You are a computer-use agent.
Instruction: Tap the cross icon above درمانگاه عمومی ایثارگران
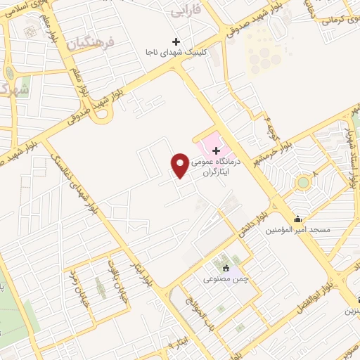pos(216,150)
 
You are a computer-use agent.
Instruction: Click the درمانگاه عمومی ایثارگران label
pos(217,166)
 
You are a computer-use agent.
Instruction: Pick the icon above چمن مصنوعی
pos(226,269)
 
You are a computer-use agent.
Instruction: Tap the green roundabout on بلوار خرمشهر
pos(303,182)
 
